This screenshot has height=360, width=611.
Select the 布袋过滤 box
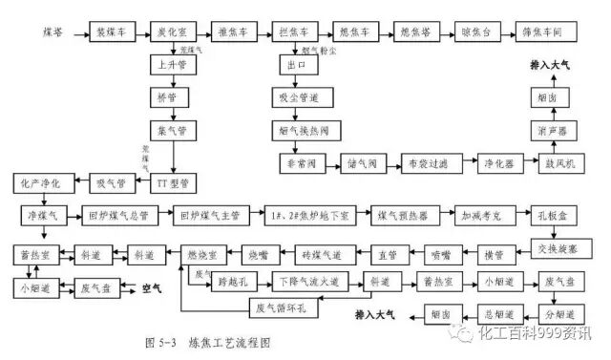[422, 163]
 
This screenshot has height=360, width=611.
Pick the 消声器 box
[554, 129]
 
